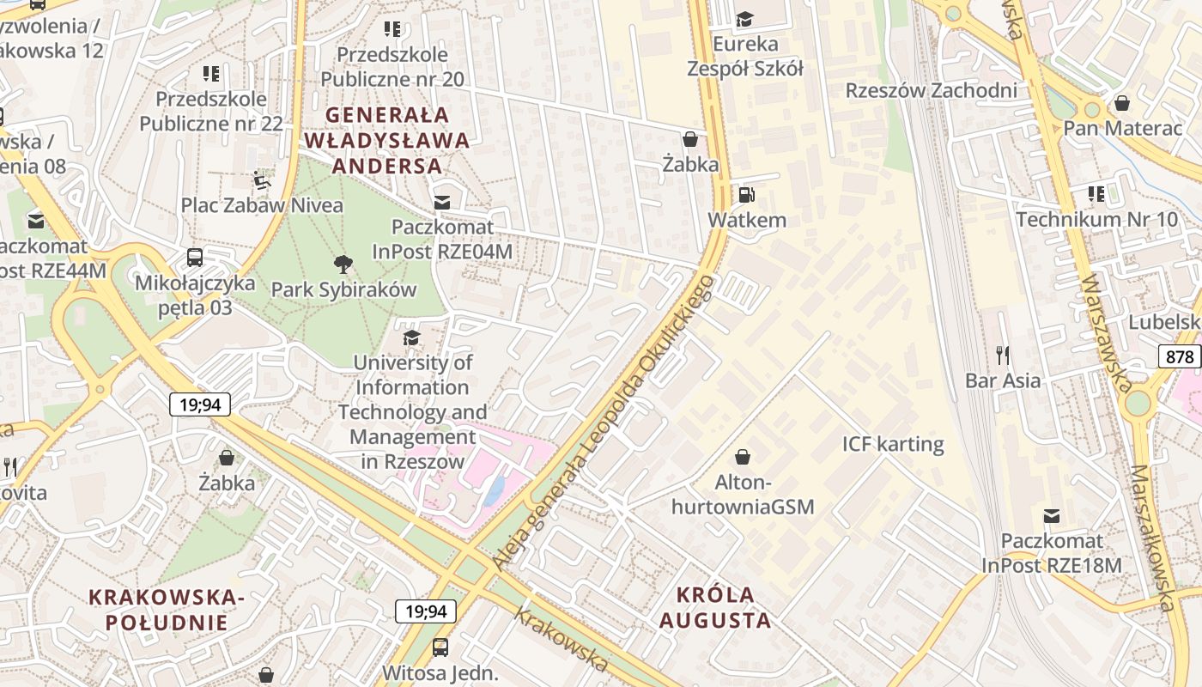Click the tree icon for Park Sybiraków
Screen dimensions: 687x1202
343,264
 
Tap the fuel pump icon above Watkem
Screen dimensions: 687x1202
747,195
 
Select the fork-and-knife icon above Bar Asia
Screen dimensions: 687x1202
1002,355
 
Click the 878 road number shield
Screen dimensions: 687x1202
1179,356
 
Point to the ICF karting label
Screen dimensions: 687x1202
893,444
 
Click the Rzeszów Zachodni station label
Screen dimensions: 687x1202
932,90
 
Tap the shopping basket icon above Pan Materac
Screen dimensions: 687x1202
1121,104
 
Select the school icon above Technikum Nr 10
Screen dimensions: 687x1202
1096,194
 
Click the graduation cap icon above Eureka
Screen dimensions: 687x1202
744,19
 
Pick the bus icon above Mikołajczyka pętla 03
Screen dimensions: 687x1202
195,257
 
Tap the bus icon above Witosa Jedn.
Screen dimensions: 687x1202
440,647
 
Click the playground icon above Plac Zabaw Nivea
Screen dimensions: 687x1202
261,180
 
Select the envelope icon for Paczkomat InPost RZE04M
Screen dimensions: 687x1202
442,203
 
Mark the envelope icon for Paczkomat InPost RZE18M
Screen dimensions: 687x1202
1052,516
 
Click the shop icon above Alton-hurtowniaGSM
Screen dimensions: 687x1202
743,456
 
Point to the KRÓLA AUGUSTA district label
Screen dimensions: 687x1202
715,607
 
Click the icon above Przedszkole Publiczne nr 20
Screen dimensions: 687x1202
392,30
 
